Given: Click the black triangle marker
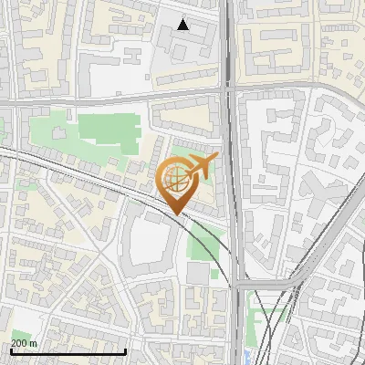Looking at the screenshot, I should click(x=183, y=25).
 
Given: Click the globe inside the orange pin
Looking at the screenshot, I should click(x=177, y=181).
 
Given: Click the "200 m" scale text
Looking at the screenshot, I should click(x=24, y=343).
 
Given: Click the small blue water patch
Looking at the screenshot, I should click(x=248, y=355).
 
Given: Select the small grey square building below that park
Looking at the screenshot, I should click(x=198, y=273).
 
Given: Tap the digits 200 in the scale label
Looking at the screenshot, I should click(x=19, y=343).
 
